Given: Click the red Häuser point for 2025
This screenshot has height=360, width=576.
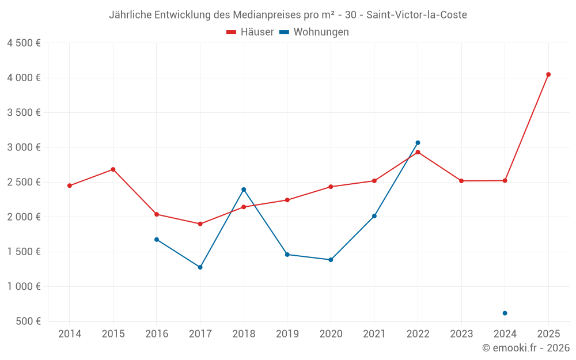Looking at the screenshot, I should tap(548, 74).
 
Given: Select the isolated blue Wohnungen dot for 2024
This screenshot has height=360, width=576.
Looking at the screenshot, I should tap(505, 313).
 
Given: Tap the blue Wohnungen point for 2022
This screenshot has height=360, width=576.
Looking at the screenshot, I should tap(418, 143).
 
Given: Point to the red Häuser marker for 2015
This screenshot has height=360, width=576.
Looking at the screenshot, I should tap(113, 169).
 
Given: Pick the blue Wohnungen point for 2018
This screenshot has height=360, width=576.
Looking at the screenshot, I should tap(244, 190).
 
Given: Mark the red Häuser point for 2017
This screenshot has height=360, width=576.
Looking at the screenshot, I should tap(200, 224).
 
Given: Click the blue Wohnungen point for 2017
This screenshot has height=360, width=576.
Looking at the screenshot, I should tap(200, 267).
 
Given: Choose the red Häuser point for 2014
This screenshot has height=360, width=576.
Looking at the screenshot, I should tap(70, 185).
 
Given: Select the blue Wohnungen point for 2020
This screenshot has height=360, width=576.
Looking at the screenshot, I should tap(331, 260).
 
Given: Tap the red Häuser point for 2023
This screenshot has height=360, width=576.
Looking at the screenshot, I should tap(461, 181).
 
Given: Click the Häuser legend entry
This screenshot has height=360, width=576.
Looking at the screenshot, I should tap(250, 32).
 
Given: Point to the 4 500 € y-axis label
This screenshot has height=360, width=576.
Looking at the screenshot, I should tap(24, 43).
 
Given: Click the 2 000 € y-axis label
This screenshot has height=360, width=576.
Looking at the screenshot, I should tap(24, 217).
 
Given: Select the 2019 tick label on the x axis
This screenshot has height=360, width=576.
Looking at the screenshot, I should tap(287, 334).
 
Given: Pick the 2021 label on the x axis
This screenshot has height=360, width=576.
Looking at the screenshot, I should tap(374, 334).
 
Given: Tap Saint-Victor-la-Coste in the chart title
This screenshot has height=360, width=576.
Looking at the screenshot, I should tap(416, 15).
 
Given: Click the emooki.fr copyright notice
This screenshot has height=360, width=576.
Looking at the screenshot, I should tap(526, 348).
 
